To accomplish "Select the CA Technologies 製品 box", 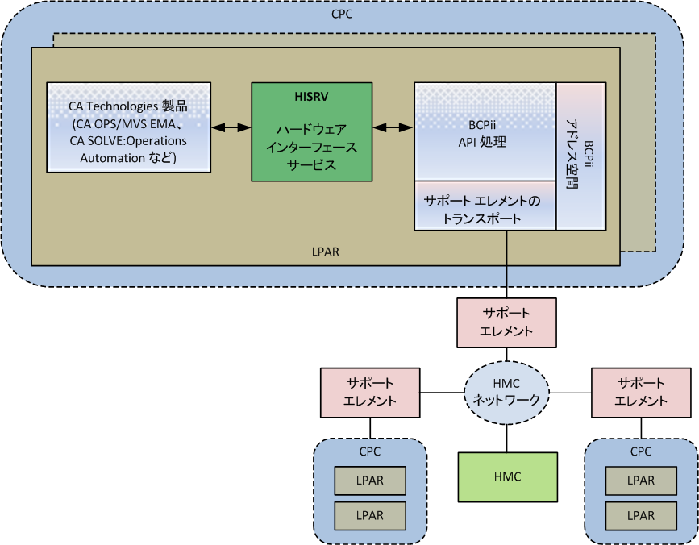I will tap(129, 127).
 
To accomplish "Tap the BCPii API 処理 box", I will tap(485, 131).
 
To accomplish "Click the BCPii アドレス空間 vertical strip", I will tap(580, 156).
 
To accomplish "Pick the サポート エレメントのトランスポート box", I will tap(485, 206).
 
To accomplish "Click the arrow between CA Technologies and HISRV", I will tap(231, 127).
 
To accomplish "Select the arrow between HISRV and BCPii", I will tap(393, 127).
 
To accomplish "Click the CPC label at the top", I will tap(342, 15).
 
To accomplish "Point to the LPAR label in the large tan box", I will tap(326, 252).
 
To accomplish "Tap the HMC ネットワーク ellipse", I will tap(506, 393).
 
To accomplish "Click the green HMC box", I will tap(507, 476).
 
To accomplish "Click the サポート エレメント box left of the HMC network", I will tap(370, 393).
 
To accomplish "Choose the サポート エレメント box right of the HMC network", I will tap(641, 393).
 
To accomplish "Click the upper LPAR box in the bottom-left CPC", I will tap(370, 481).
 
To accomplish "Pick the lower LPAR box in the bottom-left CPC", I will tap(370, 515).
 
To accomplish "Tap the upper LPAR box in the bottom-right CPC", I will tap(641, 481).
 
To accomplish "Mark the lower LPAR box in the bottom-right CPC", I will tap(641, 515).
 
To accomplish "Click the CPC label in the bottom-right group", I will tap(641, 451).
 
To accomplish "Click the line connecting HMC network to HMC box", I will tap(506, 439).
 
